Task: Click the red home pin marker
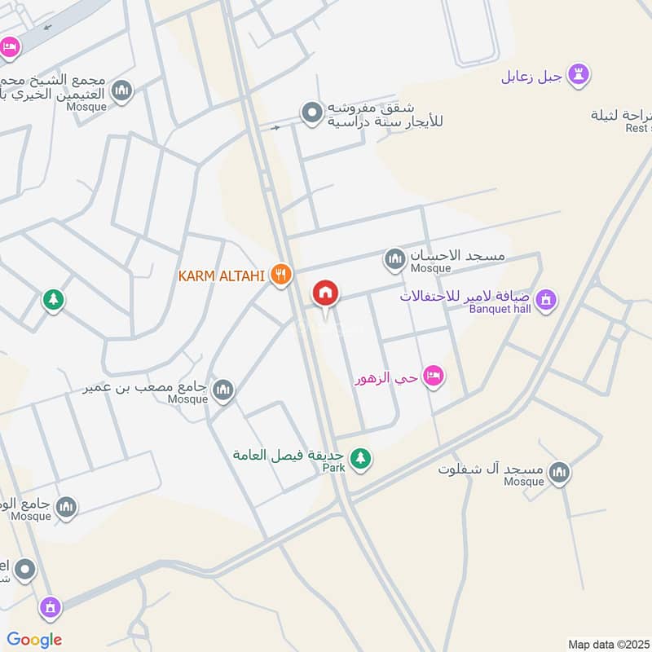(326, 293)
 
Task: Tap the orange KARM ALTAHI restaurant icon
(281, 275)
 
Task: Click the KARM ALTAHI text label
(222, 276)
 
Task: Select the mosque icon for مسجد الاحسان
(394, 259)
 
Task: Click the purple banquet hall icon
(547, 299)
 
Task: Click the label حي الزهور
(386, 379)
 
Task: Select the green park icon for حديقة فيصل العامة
(360, 460)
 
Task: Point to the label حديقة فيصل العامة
(289, 455)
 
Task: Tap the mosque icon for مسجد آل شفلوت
(559, 472)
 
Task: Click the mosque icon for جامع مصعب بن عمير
(222, 392)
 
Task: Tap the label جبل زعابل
(531, 77)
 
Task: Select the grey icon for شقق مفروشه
(311, 113)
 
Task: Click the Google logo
(34, 640)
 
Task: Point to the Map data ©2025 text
(607, 643)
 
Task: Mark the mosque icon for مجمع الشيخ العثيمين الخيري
(122, 90)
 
